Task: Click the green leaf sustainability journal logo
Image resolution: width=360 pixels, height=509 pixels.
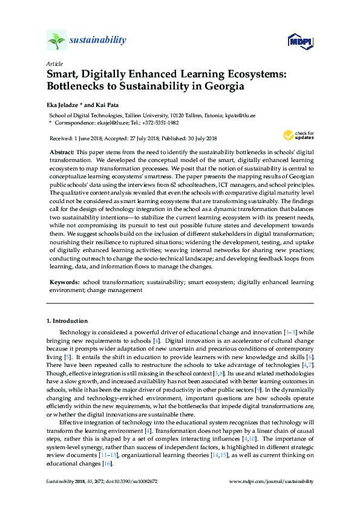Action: coord(56,41)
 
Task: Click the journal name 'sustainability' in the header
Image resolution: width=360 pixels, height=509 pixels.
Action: coord(98,41)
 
